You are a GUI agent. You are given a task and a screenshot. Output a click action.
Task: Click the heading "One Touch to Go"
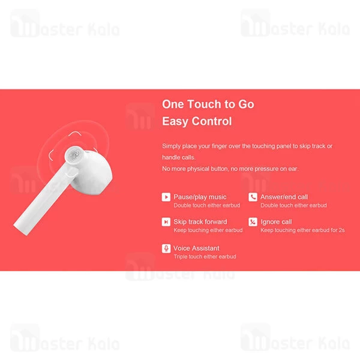coord(208,104)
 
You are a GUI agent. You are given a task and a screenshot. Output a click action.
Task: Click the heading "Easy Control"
coord(196,121)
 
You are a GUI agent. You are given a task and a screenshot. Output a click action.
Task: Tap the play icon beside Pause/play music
coord(166,197)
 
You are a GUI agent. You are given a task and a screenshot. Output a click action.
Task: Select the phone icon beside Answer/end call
coord(253,197)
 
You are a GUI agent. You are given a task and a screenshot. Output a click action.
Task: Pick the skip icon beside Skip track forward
coord(166,222)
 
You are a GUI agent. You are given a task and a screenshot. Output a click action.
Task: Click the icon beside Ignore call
coord(253,222)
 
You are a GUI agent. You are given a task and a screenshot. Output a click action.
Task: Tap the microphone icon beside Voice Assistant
coord(166,248)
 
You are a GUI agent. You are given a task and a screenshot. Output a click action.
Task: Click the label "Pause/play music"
coord(200,197)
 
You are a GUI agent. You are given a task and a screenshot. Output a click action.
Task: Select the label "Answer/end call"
coord(284,197)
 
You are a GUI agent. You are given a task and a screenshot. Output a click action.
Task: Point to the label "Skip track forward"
coord(200,222)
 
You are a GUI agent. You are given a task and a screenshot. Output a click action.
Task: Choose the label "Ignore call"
coord(277,222)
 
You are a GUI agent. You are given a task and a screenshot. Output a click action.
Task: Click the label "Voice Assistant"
coord(196,248)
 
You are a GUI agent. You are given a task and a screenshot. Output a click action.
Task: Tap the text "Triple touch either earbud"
coord(204,257)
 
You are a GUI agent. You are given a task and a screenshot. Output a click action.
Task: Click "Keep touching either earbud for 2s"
coord(302,230)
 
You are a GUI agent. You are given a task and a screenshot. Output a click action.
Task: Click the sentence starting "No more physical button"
coord(230,169)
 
